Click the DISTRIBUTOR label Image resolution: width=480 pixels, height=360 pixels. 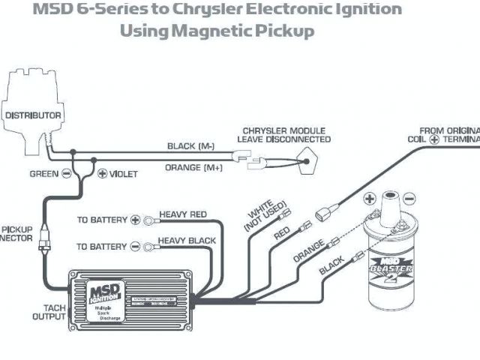[32, 115]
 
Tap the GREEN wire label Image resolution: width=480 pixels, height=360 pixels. [44, 173]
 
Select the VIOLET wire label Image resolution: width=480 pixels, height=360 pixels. [124, 173]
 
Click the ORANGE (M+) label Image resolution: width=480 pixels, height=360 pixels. [193, 167]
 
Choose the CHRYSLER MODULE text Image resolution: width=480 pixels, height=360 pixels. [283, 129]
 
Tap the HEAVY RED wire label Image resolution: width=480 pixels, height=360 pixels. [182, 215]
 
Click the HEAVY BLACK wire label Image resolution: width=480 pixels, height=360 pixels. [187, 241]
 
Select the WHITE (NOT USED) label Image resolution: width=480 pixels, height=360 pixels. [259, 214]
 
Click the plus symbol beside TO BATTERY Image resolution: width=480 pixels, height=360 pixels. [135, 220]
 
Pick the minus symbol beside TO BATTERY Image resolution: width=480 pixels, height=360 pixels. [135, 245]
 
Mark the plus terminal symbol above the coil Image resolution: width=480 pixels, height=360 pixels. [369, 199]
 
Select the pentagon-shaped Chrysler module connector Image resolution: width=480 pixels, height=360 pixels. [304, 158]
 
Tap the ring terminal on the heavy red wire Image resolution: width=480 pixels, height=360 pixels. [151, 220]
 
